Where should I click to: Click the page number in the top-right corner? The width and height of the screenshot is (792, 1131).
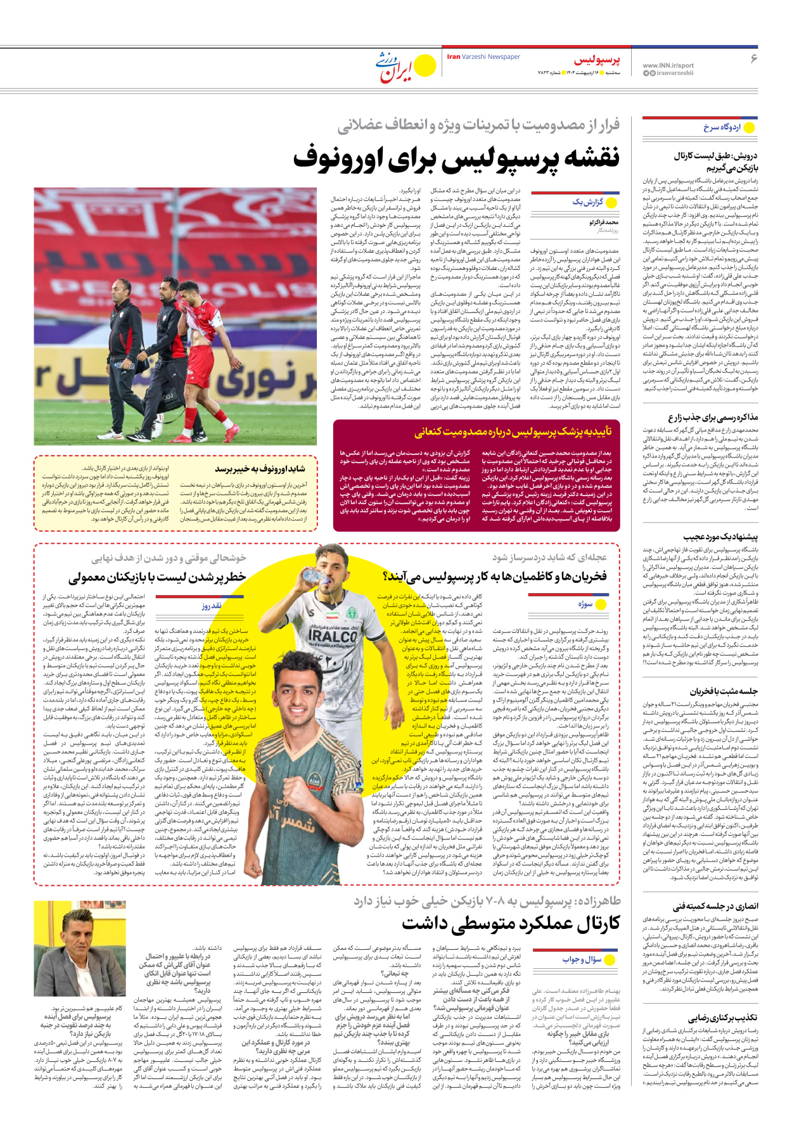[753, 58]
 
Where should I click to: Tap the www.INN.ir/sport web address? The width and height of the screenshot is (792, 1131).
[668, 65]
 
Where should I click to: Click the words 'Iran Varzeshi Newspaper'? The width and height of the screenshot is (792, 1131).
[483, 57]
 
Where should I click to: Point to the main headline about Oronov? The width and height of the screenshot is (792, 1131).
[456, 158]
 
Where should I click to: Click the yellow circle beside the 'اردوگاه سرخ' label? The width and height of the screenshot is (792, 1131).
[749, 127]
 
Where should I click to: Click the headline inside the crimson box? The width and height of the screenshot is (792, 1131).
[513, 432]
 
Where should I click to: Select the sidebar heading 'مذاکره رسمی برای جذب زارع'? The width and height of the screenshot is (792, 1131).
[712, 418]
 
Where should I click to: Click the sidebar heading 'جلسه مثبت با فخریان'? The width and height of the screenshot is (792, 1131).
[724, 691]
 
